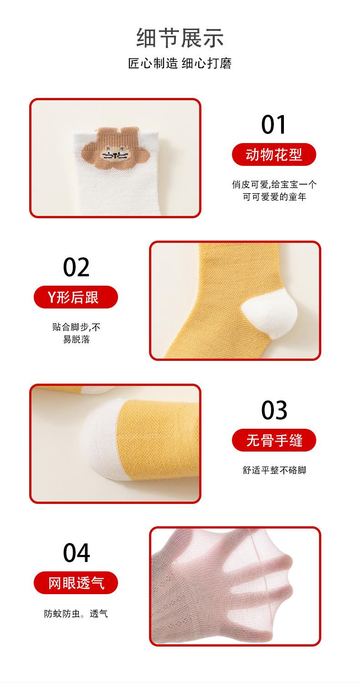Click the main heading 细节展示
click(180, 38)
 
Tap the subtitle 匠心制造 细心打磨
click(180, 63)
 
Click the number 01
click(274, 124)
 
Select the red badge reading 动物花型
click(274, 154)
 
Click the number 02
click(76, 267)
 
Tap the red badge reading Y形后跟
click(76, 297)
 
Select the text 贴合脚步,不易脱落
click(76, 333)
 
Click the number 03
click(274, 410)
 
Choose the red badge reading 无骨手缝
click(274, 440)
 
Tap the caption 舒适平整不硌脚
click(274, 470)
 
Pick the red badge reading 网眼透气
click(76, 583)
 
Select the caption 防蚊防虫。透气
click(76, 613)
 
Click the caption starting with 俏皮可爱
click(274, 190)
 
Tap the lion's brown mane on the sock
click(115, 148)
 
